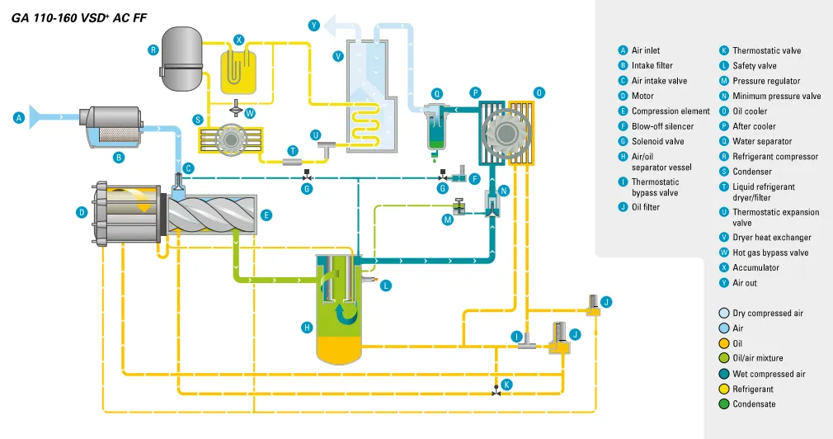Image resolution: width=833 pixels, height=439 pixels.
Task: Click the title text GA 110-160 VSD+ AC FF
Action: click(79, 17)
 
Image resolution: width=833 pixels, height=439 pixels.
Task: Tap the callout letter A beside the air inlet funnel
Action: click(17, 118)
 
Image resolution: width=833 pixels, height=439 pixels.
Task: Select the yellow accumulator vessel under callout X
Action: click(238, 71)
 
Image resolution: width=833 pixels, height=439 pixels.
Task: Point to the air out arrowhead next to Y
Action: click(330, 27)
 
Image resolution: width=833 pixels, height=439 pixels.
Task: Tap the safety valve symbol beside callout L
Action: click(376, 281)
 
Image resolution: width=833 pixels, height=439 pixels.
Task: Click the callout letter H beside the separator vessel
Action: click(307, 328)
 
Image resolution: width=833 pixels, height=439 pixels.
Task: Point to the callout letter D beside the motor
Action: click(82, 213)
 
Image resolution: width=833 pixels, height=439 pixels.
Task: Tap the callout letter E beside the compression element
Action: click(266, 215)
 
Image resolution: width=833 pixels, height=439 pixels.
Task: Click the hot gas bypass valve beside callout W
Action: click(237, 111)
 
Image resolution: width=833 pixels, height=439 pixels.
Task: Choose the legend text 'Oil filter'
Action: click(645, 207)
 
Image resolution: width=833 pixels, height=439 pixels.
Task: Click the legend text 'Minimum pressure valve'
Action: click(776, 97)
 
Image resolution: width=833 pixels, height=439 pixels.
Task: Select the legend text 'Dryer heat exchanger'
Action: click(771, 238)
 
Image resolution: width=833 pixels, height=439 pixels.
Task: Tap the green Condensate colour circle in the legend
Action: click(724, 404)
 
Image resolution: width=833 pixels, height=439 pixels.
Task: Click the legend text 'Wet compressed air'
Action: click(769, 374)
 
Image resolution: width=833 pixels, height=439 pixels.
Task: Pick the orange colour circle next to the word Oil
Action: click(724, 343)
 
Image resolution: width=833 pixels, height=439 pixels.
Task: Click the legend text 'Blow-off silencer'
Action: click(662, 126)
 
